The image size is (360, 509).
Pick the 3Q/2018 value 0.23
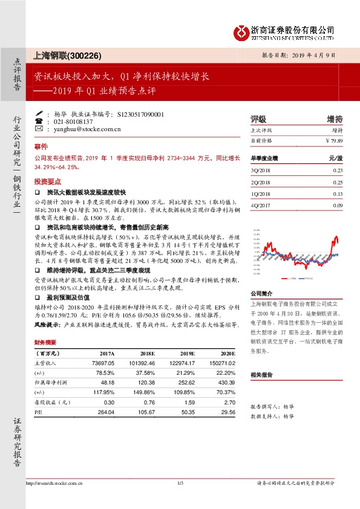(x=337, y=170)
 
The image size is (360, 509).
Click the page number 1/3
(x=180, y=483)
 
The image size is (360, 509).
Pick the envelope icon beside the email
(x=39, y=129)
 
